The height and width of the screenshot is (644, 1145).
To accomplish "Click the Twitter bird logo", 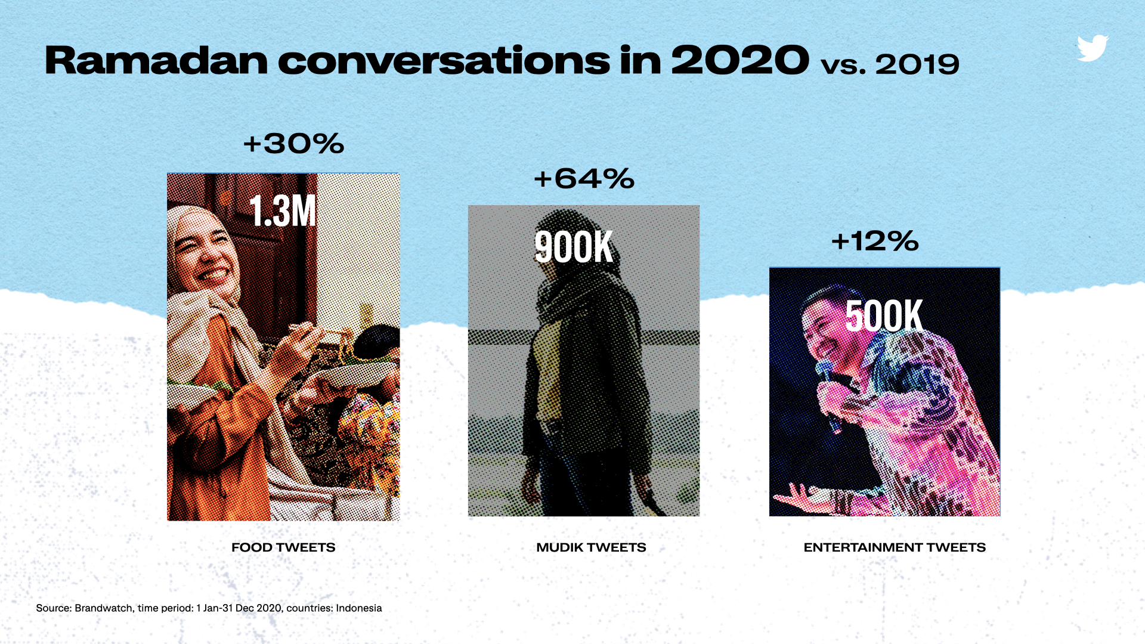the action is click(1093, 48).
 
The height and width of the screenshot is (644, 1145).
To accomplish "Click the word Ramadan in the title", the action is click(156, 61).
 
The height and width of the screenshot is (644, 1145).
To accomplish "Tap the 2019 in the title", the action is click(917, 64).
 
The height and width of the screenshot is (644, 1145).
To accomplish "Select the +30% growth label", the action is click(293, 144).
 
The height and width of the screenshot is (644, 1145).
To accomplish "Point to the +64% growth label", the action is click(584, 179).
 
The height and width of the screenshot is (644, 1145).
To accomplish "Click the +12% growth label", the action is click(875, 241).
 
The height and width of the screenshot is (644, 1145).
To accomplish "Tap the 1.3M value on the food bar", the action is click(283, 211).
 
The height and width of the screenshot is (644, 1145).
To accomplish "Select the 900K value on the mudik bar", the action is click(574, 247).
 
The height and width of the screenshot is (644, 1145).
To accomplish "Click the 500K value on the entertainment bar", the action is click(884, 315).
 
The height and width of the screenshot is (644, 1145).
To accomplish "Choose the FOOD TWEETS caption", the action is click(283, 547).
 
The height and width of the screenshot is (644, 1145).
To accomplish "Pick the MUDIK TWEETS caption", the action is click(591, 547).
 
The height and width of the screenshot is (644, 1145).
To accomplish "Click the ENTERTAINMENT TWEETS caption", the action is click(895, 547).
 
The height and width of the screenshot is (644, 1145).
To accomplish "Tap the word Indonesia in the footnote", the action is click(358, 608).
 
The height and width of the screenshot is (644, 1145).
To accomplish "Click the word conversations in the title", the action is click(444, 61).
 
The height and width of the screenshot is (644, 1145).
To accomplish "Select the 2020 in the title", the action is click(740, 61).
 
